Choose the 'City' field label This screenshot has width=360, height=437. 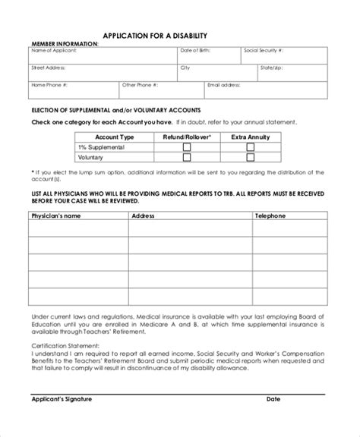pos(185,68)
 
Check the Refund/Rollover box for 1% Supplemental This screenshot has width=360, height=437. pos(187,147)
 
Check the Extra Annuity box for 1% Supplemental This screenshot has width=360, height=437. pos(251,147)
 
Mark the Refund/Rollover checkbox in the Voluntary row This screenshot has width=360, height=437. pos(187,158)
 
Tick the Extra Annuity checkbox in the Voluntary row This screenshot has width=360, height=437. pos(251,158)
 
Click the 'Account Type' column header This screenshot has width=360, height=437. pos(116,137)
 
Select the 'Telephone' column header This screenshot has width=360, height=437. pos(270,215)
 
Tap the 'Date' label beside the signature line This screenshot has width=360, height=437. pos(273,420)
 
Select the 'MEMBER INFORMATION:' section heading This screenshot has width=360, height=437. pos(65,43)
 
